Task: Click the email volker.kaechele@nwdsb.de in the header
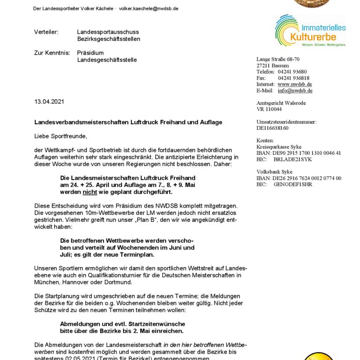149,8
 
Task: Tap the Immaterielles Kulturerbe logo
310,30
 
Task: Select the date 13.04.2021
49,102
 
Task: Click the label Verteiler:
46,32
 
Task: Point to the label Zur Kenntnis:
51,53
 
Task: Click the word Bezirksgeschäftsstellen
108,39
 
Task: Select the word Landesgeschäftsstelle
107,60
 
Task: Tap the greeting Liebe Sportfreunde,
61,136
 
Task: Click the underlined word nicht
89,192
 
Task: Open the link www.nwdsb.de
295,84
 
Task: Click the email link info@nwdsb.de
295,90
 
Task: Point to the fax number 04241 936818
293,78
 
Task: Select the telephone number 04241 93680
292,72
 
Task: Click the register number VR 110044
269,109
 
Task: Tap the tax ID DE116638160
272,128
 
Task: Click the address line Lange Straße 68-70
278,59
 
